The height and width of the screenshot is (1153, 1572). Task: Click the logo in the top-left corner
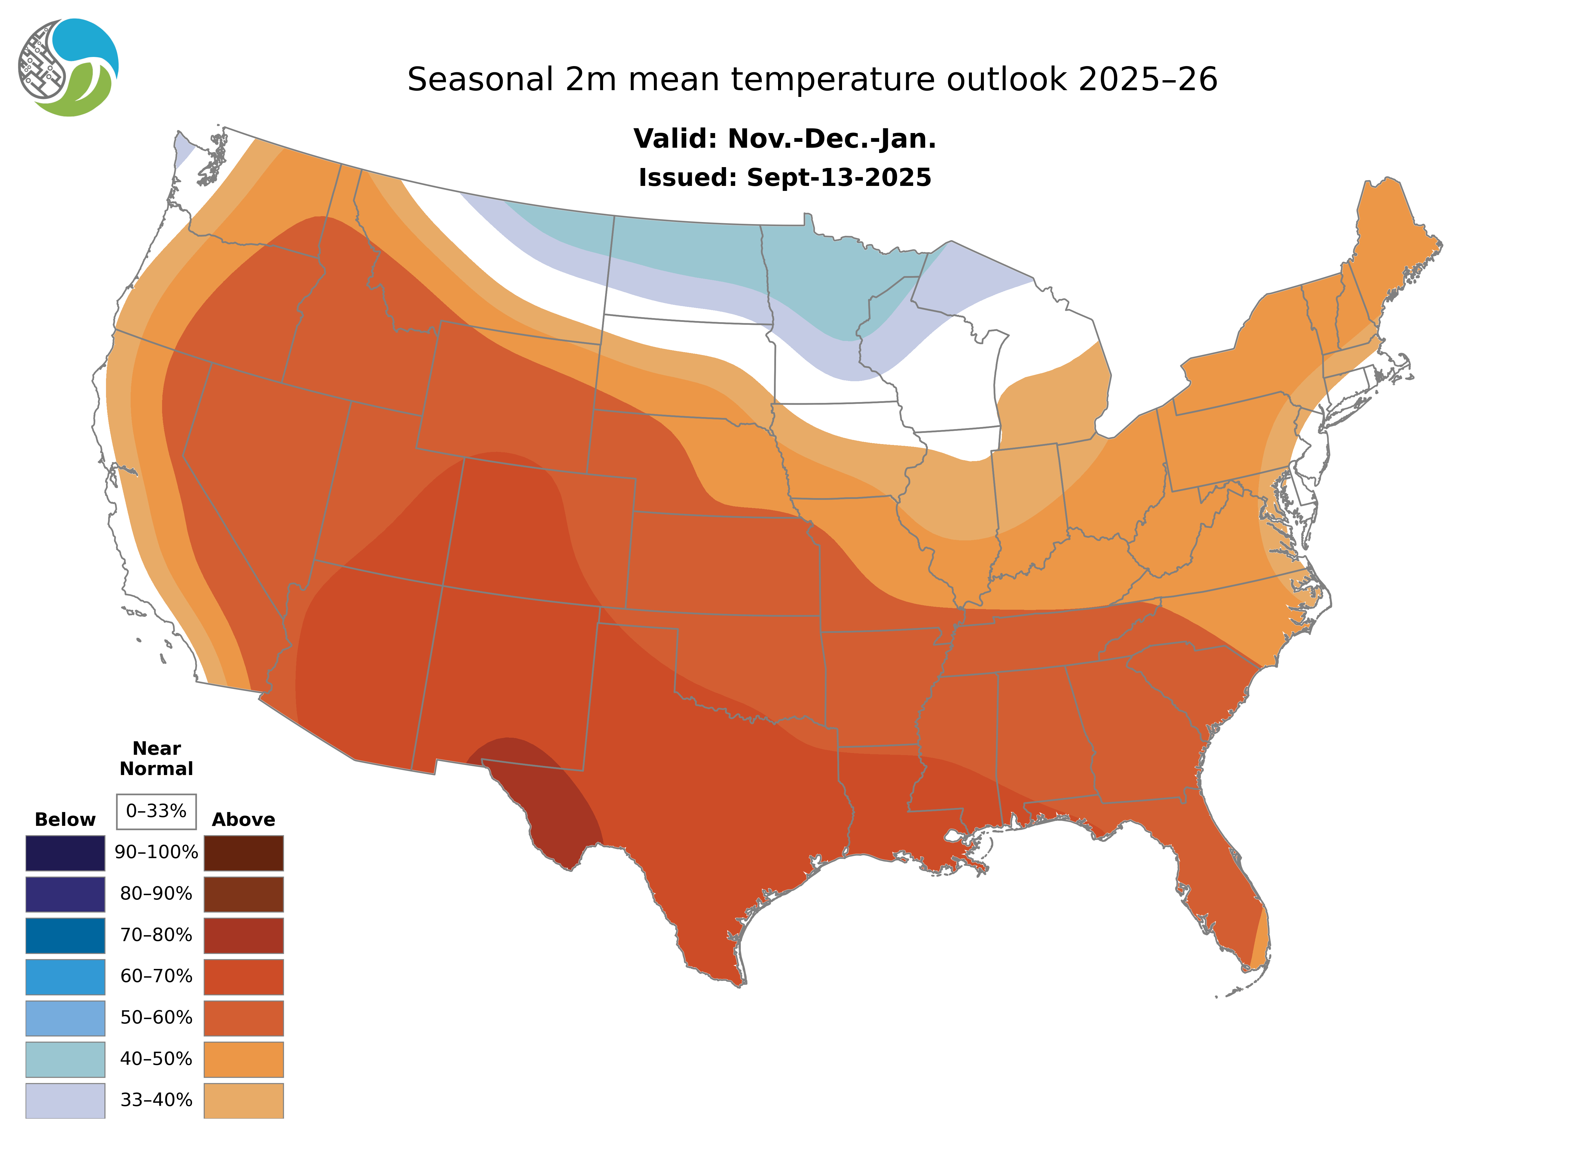tap(68, 68)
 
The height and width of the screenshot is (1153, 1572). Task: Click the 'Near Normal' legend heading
tap(156, 759)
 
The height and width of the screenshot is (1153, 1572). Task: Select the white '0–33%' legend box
tap(156, 811)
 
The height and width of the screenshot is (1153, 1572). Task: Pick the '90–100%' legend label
tap(156, 852)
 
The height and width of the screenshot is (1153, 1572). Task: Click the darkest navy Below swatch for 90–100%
tap(65, 853)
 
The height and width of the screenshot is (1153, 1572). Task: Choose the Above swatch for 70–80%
tap(243, 935)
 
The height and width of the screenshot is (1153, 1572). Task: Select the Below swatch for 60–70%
tap(65, 976)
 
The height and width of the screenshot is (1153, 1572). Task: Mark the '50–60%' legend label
tap(156, 1018)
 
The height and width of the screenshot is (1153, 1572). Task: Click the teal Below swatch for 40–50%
tap(65, 1059)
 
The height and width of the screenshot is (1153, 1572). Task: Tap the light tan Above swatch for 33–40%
tap(243, 1100)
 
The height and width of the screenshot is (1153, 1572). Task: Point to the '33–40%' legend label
tap(156, 1100)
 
